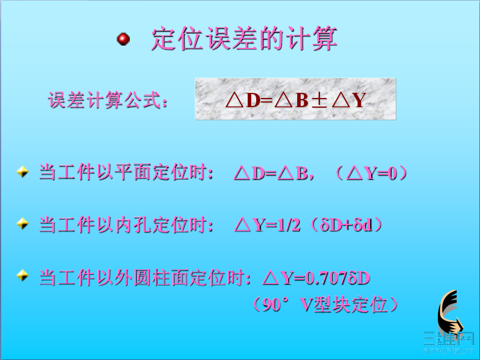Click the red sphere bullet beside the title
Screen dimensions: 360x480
[123, 39]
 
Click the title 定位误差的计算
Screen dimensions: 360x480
[244, 39]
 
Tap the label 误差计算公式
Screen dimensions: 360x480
[109, 101]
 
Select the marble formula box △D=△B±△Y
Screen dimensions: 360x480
[295, 99]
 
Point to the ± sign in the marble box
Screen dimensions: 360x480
[320, 100]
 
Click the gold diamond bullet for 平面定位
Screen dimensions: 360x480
[22, 171]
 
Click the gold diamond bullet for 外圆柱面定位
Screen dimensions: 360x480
[22, 276]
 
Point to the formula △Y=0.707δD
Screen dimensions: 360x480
[317, 278]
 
